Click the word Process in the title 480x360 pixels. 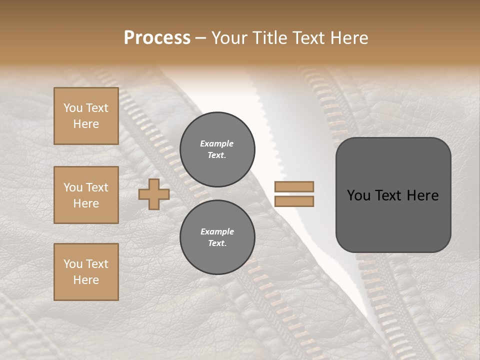[157, 38]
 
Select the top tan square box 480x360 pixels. [86, 116]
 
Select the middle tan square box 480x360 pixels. [86, 195]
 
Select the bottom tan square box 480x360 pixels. [86, 272]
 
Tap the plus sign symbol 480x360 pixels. [154, 194]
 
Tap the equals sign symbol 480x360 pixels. [294, 194]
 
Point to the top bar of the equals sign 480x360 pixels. [294, 187]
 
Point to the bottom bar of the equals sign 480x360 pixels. [294, 201]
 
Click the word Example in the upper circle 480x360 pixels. [217, 143]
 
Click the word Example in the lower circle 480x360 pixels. [217, 231]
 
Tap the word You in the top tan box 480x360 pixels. [72, 108]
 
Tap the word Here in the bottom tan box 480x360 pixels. [86, 280]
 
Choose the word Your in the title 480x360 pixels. [230, 38]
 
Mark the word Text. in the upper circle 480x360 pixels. [217, 155]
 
